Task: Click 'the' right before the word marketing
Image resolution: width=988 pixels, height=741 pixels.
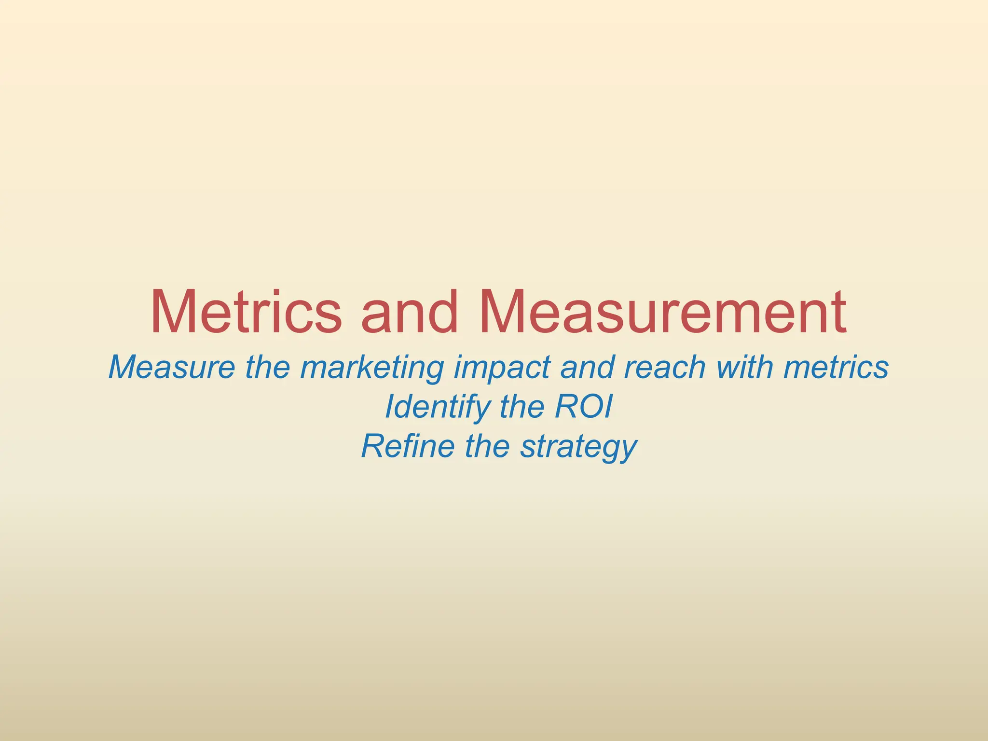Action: tap(268, 368)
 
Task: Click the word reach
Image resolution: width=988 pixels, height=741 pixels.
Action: tap(665, 368)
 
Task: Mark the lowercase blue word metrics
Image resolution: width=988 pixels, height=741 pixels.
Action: tap(837, 368)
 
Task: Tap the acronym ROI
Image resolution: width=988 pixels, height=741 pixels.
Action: tap(584, 407)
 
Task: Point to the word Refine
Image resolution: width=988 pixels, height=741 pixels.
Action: tap(408, 446)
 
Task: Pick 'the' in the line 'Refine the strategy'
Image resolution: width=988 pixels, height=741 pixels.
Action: tap(487, 446)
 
